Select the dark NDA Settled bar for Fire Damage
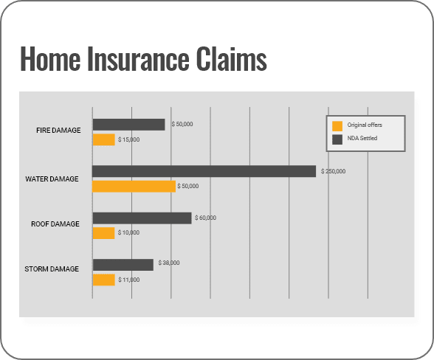click(128, 125)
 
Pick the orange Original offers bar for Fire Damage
click(103, 139)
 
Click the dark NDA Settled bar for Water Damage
click(204, 171)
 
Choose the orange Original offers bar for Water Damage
click(134, 186)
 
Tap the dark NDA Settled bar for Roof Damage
click(142, 218)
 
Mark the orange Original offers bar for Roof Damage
click(103, 232)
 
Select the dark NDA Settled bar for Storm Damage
click(123, 264)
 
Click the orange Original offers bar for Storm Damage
click(103, 280)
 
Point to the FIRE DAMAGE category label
click(58, 131)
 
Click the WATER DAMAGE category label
click(52, 179)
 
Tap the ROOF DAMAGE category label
click(55, 224)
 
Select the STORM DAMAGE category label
click(52, 269)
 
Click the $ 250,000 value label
click(333, 171)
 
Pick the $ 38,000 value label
click(168, 263)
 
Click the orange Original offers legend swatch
click(338, 125)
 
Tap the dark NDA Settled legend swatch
click(338, 138)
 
